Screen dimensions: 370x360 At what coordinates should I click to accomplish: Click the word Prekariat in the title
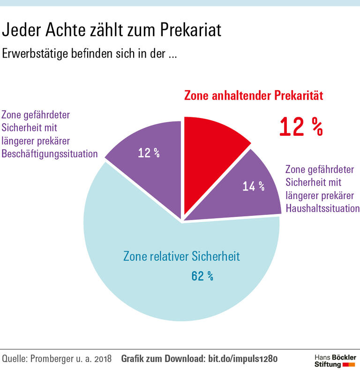point(187,31)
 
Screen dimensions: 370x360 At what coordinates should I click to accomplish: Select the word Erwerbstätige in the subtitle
point(35,54)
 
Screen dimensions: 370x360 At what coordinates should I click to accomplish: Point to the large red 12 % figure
point(301,126)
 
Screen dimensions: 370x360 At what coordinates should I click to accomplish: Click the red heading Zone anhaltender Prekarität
point(254,96)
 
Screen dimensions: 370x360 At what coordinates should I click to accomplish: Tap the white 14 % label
point(253,186)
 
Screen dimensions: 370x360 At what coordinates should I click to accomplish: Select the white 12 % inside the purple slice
point(149,153)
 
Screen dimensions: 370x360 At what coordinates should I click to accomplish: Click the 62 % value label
point(202,276)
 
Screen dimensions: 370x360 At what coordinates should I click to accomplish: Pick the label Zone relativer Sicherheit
point(181,257)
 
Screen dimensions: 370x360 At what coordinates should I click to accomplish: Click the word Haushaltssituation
point(322,208)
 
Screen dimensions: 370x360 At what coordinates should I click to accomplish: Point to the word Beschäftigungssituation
point(50,154)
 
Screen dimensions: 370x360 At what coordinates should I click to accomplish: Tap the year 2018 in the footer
point(102,359)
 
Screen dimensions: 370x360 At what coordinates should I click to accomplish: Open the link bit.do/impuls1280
point(242,359)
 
